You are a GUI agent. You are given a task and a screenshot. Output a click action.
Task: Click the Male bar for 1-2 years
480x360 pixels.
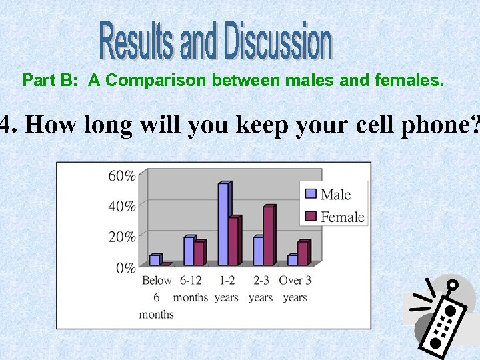[224, 224]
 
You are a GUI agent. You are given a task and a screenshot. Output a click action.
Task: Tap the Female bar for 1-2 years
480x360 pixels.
[233, 241]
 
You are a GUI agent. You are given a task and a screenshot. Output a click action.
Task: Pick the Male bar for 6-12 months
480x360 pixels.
[189, 251]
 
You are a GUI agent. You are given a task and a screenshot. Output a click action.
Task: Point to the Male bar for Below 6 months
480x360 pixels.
[155, 259]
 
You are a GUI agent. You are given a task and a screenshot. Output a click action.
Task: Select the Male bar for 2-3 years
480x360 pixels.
[258, 251]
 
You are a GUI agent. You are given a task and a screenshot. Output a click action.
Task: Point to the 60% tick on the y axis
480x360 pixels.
[122, 176]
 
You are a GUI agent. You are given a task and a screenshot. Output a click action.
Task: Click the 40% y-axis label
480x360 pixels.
[122, 207]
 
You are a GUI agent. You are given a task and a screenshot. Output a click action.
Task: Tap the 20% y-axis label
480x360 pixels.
[122, 237]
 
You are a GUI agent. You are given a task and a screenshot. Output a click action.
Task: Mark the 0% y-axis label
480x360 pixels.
[125, 268]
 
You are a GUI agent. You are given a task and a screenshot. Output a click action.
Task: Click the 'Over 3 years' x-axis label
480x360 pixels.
[295, 289]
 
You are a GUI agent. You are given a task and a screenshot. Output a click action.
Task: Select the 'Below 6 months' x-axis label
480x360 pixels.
[157, 297]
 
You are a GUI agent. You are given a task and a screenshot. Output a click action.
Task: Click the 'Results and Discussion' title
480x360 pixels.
[215, 41]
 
